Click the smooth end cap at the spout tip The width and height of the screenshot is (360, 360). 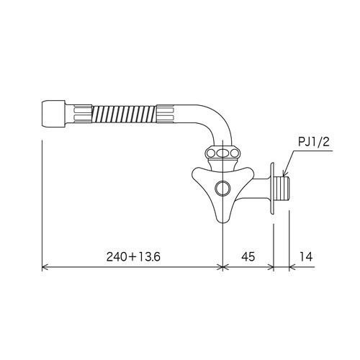click(52, 112)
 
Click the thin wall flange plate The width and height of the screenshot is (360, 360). click(271, 189)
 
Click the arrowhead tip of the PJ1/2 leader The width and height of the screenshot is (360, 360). click(284, 176)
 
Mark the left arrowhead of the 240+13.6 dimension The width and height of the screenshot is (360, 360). click(45, 267)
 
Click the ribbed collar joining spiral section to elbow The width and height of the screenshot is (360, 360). click(167, 113)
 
